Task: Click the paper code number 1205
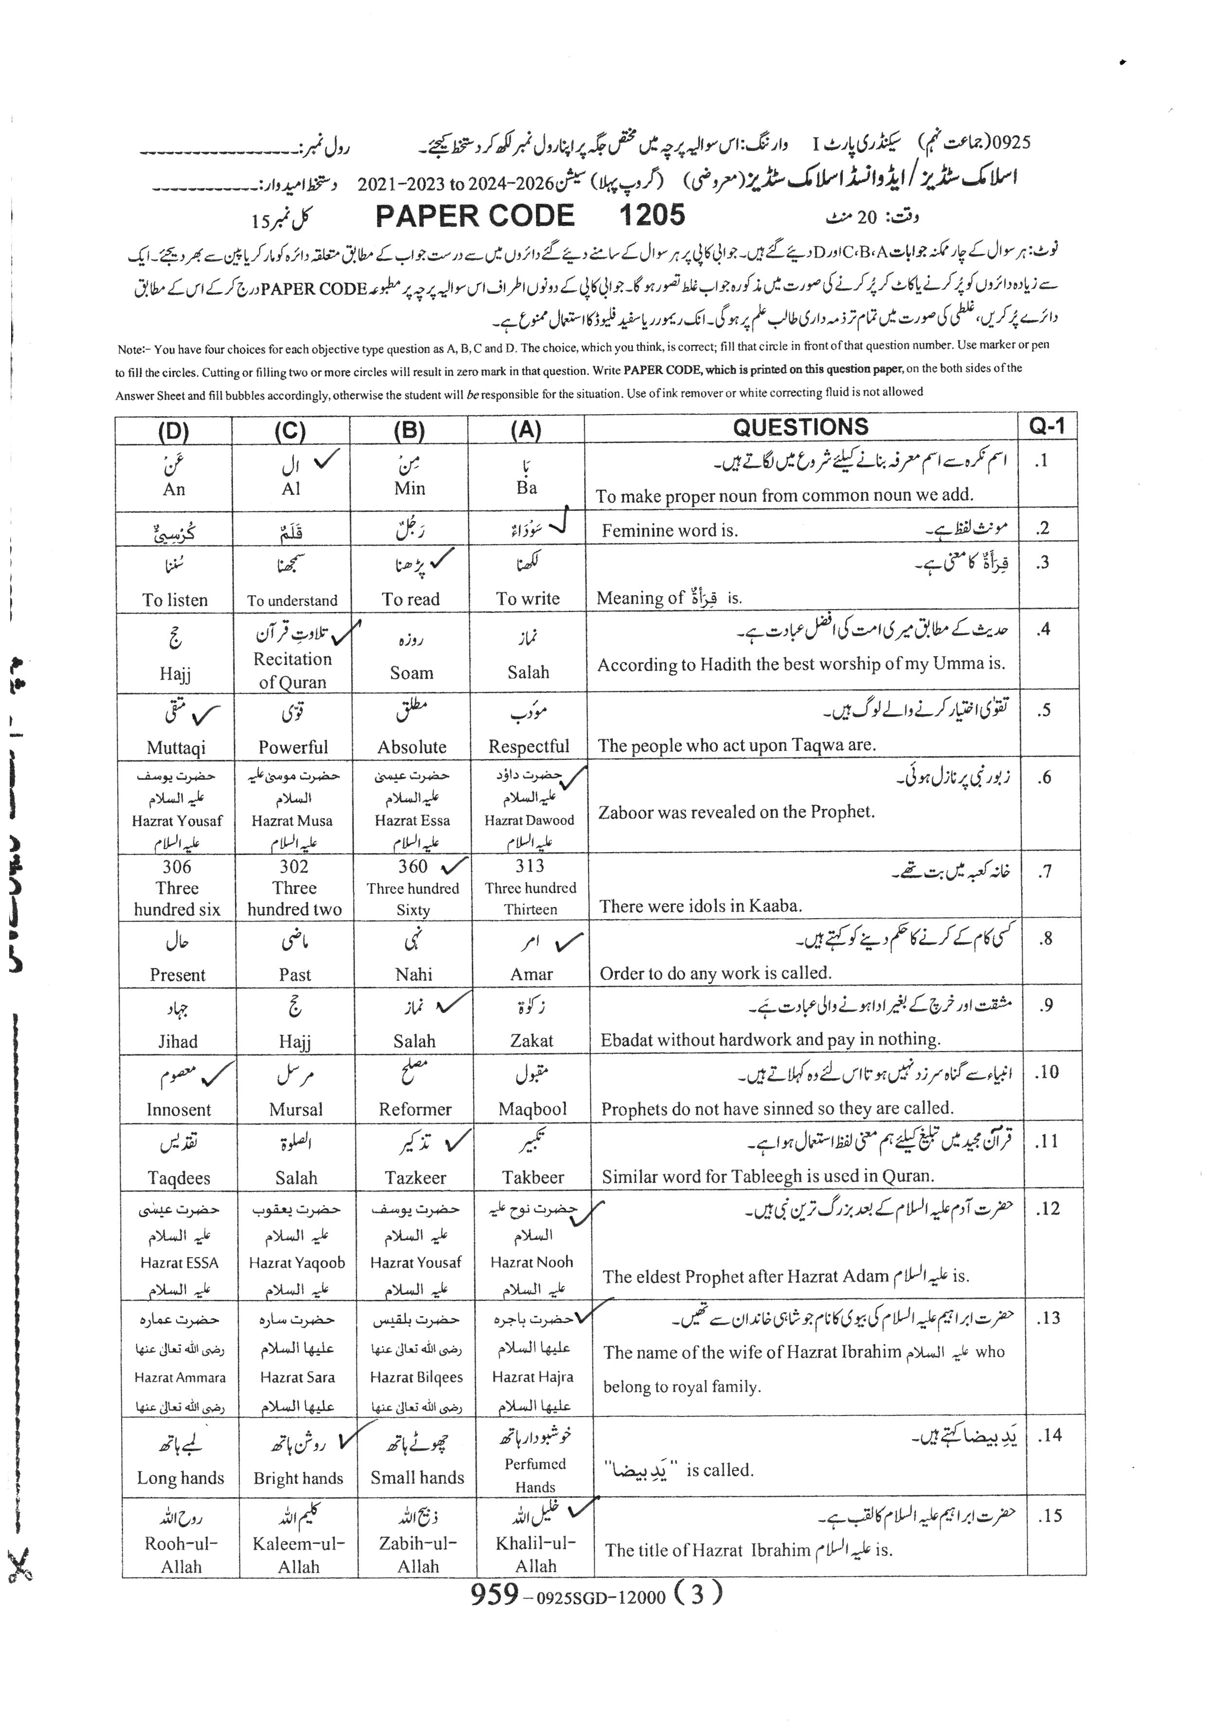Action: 652,216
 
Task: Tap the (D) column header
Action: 174,431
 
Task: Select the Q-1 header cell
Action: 1047,427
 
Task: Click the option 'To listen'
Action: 175,600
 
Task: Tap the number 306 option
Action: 177,867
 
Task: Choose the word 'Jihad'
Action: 177,1041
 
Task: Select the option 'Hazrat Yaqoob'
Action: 296,1263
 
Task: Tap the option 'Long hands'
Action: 180,1478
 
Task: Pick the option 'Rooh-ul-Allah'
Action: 181,1555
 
